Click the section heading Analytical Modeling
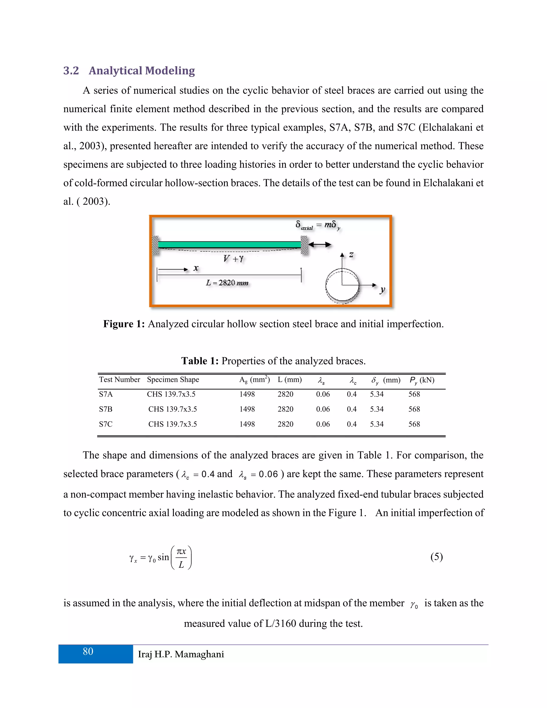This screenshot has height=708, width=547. pyautogui.click(x=142, y=71)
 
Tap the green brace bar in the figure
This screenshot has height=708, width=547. pyautogui.click(x=229, y=244)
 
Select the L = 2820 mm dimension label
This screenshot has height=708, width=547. pyautogui.click(x=227, y=283)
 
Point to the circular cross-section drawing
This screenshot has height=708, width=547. pyautogui.click(x=342, y=285)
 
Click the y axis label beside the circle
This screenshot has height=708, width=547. pyautogui.click(x=382, y=290)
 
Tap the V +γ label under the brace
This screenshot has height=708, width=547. pyautogui.click(x=233, y=258)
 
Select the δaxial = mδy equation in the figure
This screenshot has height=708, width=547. pyautogui.click(x=318, y=225)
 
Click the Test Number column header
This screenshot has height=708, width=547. pyautogui.click(x=119, y=380)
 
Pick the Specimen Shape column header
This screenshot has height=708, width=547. pyautogui.click(x=173, y=380)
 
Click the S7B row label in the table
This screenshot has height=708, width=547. pyautogui.click(x=106, y=409)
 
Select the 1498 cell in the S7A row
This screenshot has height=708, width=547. pyautogui.click(x=247, y=394)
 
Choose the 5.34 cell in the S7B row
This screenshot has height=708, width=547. pyautogui.click(x=377, y=409)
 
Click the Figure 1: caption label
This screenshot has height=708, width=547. pyautogui.click(x=124, y=324)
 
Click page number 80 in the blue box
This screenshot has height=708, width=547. pyautogui.click(x=88, y=652)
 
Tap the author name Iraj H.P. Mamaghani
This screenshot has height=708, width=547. pyautogui.click(x=181, y=654)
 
